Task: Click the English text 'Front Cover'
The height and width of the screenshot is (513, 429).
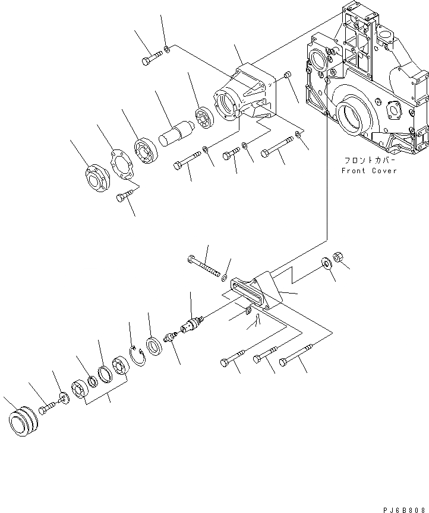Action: [x=368, y=171]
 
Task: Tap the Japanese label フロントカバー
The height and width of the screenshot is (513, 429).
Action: [x=369, y=161]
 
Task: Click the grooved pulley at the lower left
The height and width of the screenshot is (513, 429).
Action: [x=24, y=421]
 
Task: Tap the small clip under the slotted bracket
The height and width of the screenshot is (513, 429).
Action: [x=248, y=311]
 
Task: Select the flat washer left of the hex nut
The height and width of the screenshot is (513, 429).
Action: [x=326, y=262]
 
